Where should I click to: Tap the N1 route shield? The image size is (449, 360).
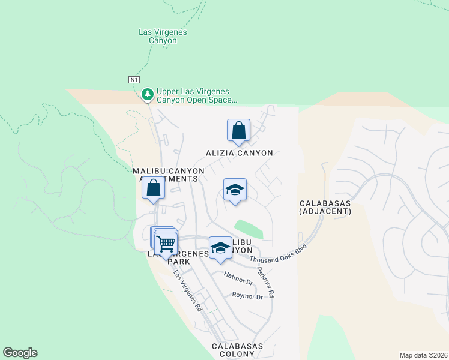tap(134, 79)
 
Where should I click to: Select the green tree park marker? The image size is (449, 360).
tap(147, 94)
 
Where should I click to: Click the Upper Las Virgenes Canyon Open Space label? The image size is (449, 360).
tap(196, 96)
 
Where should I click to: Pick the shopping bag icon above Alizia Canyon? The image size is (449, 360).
tap(238, 130)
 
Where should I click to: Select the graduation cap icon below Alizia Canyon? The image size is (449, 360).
tap(235, 190)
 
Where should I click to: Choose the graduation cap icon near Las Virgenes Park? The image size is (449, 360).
tap(220, 248)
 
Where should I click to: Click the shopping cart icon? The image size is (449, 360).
tap(166, 244)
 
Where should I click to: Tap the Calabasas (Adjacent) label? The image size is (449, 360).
tap(325, 207)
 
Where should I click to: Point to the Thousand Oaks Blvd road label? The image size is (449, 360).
tap(278, 253)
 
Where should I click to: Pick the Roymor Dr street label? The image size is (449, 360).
tap(247, 296)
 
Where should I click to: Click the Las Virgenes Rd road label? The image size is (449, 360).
tap(188, 291)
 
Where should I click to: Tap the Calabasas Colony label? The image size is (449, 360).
tap(238, 351)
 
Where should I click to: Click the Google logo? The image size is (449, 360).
tap(20, 353)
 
